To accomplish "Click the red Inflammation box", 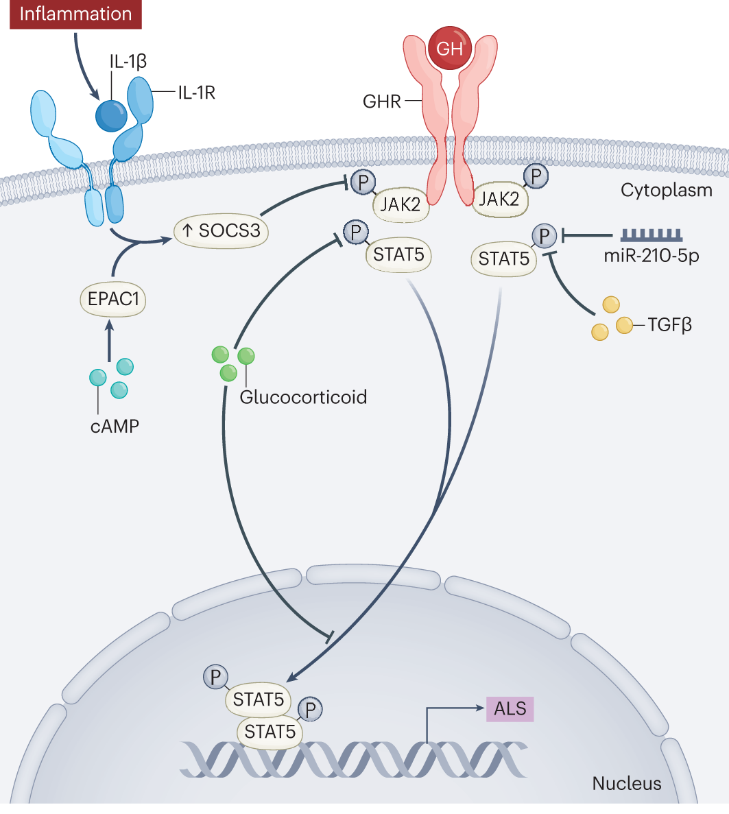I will [75, 14].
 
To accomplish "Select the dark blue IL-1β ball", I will [111, 115].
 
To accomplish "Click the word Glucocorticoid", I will [303, 396].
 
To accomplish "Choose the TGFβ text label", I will [670, 324].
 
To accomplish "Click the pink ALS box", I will [510, 708].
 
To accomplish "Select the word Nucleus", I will [627, 783].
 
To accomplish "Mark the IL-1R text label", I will [197, 93].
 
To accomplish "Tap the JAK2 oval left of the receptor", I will [401, 204].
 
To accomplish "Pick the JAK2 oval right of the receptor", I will [501, 199].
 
